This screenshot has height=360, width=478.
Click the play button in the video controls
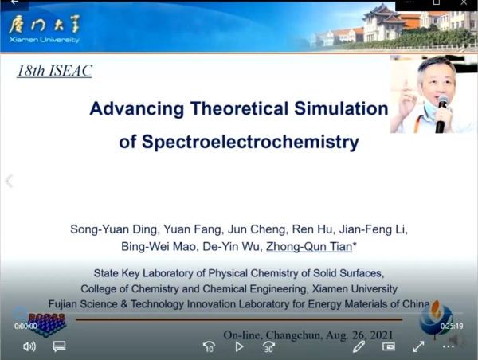[x=239, y=346]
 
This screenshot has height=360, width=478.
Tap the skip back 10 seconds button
[x=209, y=346]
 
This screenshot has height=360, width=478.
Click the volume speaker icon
[x=29, y=346]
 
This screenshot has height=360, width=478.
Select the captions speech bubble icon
[x=59, y=346]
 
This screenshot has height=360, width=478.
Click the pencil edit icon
[x=358, y=346]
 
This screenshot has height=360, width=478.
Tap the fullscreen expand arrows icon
[x=418, y=346]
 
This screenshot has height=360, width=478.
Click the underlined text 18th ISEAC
[x=54, y=71]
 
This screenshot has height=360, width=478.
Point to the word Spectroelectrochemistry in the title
[x=250, y=142]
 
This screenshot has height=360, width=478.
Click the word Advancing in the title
[x=137, y=109]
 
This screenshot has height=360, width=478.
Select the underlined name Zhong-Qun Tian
[x=309, y=247]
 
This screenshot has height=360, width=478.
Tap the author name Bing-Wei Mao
[x=159, y=247]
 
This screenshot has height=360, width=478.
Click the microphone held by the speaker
[x=441, y=113]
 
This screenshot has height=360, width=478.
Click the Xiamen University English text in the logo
[x=44, y=40]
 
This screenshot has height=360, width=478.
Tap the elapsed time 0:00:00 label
[x=25, y=327]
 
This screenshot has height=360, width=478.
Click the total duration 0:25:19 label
[x=452, y=327]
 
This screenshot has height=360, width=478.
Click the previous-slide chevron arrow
[x=9, y=181]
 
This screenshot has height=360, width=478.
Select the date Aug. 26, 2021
[x=359, y=335]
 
